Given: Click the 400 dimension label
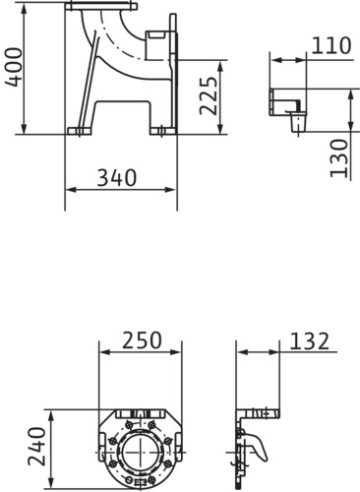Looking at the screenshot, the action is pyautogui.click(x=14, y=67).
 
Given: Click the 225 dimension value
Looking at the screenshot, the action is pyautogui.click(x=209, y=95).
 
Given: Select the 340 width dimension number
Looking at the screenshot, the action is pyautogui.click(x=117, y=178).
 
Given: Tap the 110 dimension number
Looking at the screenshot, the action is pyautogui.click(x=331, y=45).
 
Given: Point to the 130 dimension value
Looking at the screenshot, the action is pyautogui.click(x=338, y=158).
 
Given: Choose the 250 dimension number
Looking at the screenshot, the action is pyautogui.click(x=142, y=340).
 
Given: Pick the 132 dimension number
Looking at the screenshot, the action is pyautogui.click(x=309, y=340).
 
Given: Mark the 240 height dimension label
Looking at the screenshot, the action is pyautogui.click(x=36, y=446).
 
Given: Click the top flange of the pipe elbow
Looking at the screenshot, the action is pyautogui.click(x=101, y=6).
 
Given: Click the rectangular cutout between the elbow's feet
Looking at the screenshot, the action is pyautogui.click(x=122, y=114).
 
